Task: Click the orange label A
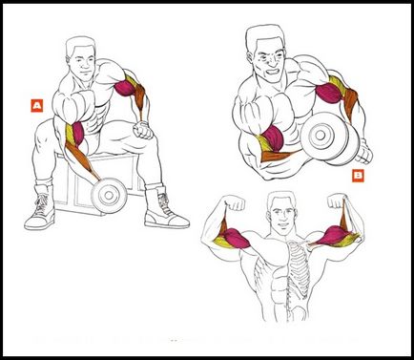click(37, 106)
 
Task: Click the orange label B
click(359, 176)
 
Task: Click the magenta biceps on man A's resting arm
click(125, 88)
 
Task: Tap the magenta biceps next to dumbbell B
click(273, 138)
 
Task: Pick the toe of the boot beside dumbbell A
click(31, 223)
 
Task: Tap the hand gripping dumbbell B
click(364, 153)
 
